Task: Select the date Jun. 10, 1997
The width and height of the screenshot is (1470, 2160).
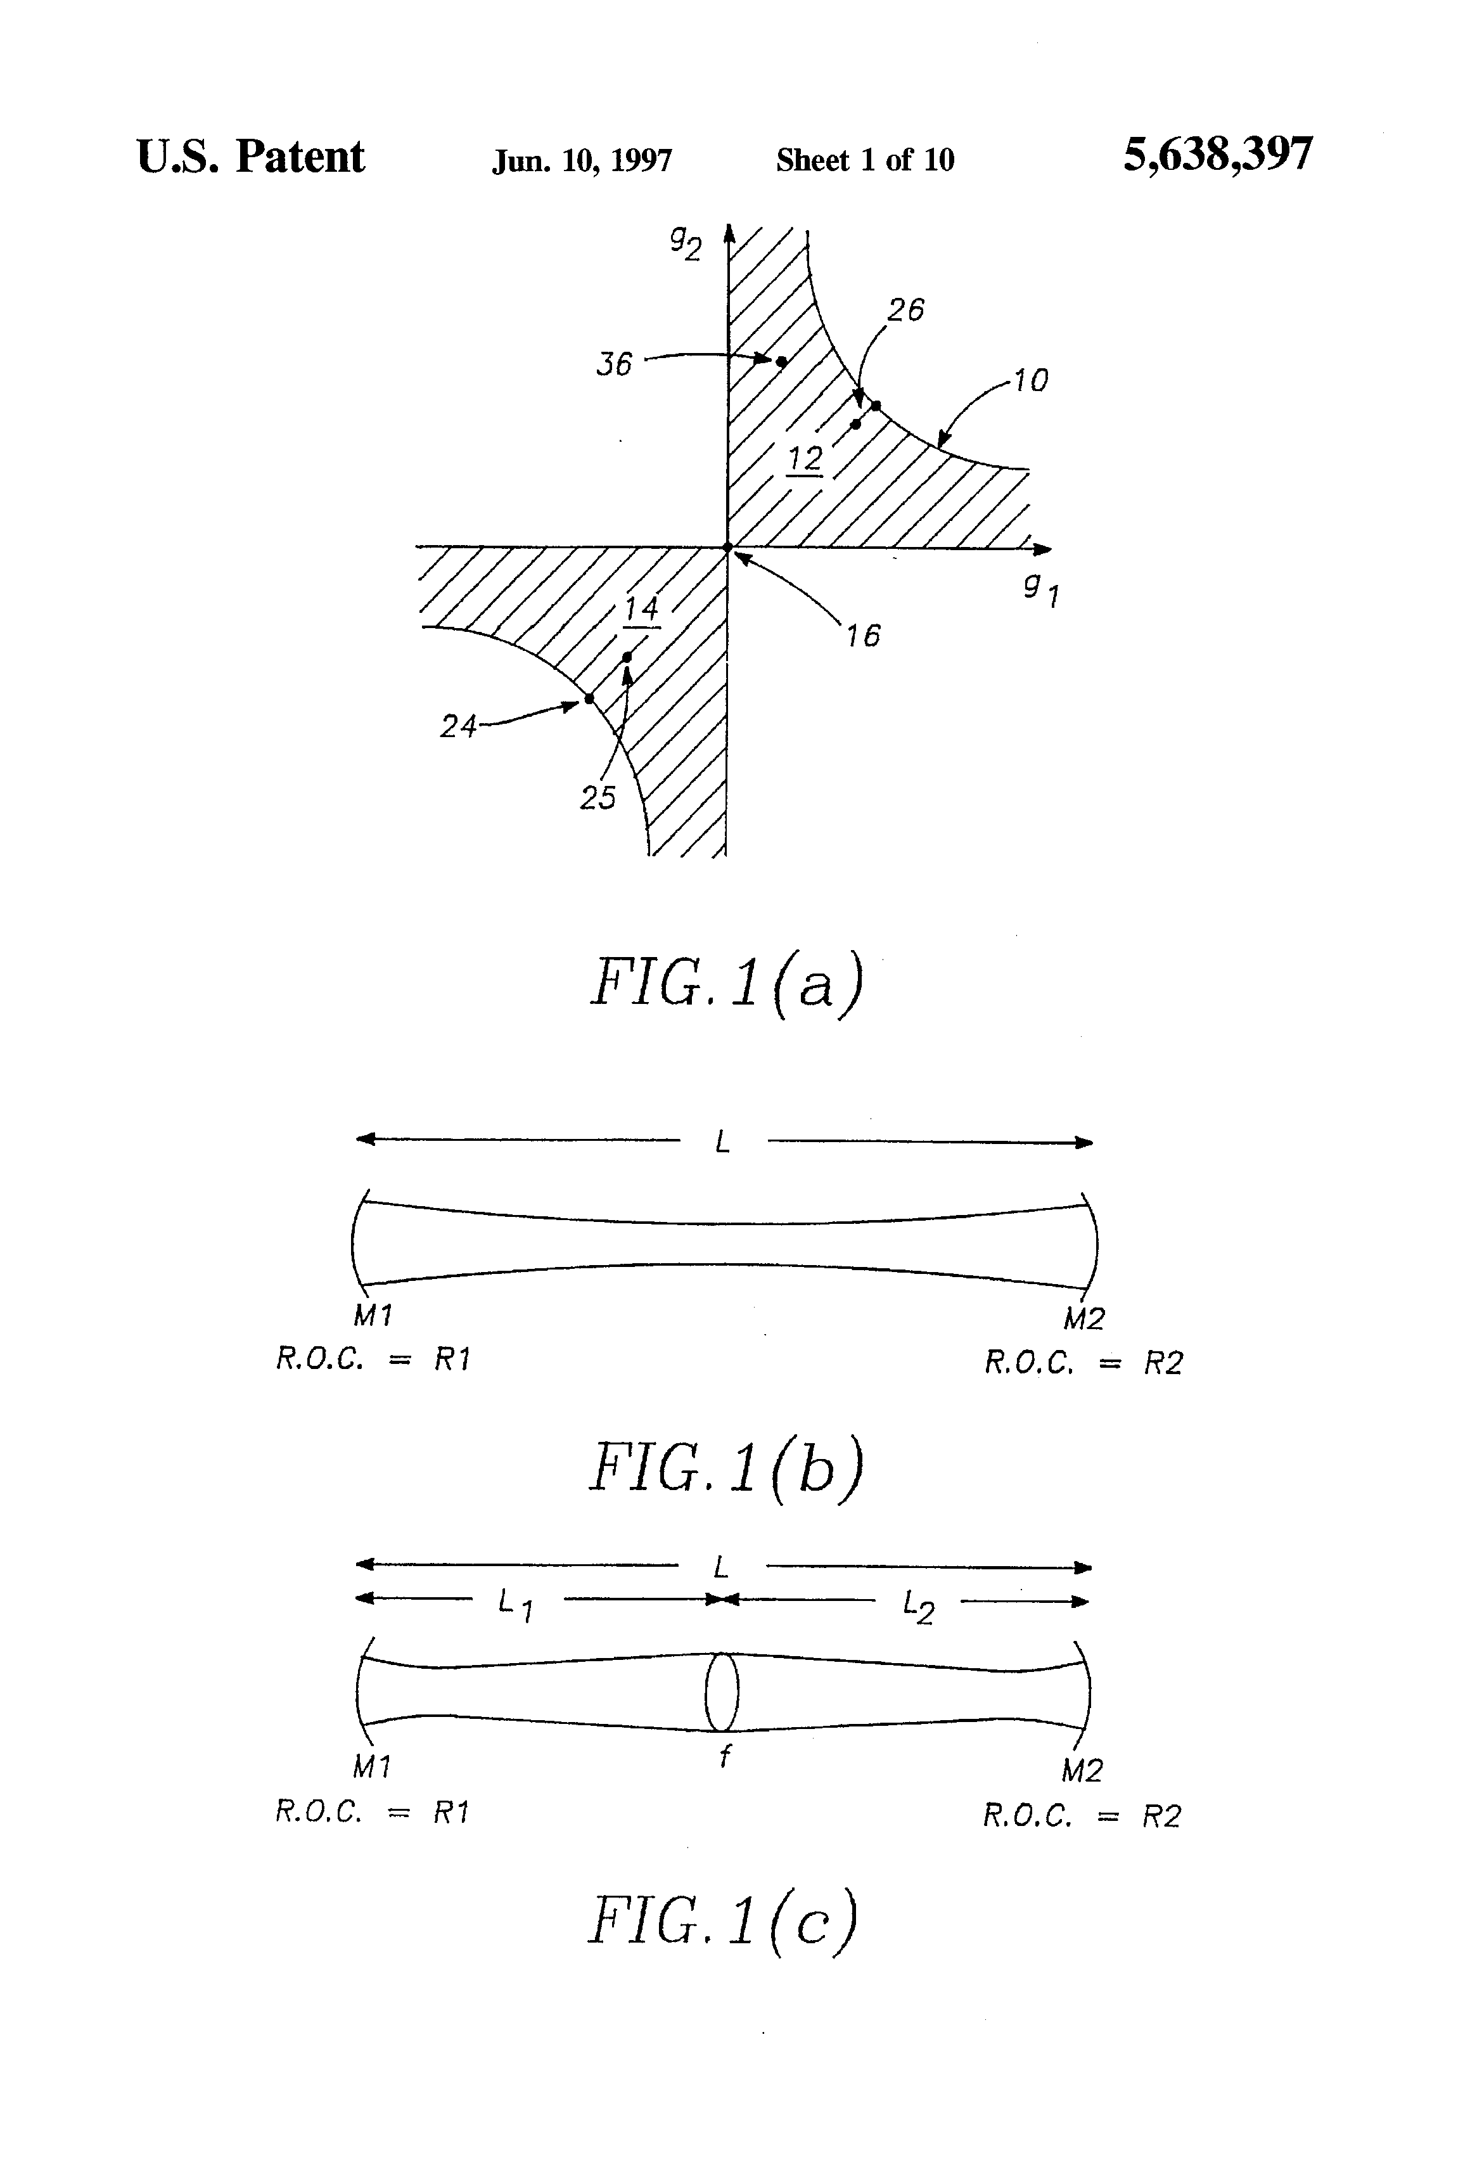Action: pyautogui.click(x=582, y=161)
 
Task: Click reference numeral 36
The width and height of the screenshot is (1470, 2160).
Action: pyautogui.click(x=613, y=363)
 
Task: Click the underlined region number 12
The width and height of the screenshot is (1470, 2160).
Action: pyautogui.click(x=805, y=458)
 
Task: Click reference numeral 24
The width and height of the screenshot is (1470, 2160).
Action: pyautogui.click(x=457, y=726)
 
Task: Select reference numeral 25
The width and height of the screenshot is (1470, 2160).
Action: pyautogui.click(x=598, y=797)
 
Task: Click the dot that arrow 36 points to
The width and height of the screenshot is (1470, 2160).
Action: pyautogui.click(x=781, y=361)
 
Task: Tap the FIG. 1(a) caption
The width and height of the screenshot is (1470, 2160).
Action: pyautogui.click(x=727, y=982)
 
